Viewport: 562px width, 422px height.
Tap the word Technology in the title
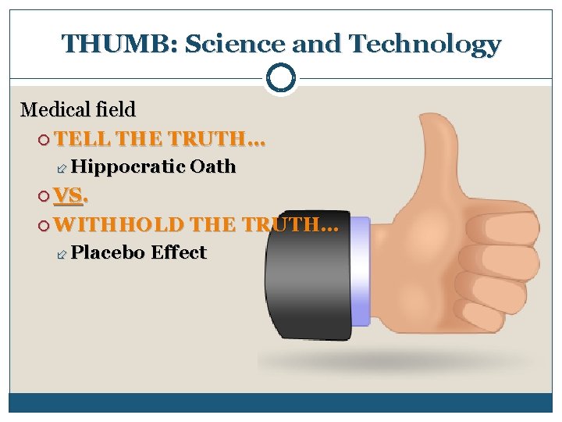425,44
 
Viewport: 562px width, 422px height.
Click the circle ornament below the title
281,79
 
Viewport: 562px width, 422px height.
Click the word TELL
85,141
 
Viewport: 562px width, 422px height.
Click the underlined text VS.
69,196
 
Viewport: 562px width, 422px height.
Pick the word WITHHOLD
119,225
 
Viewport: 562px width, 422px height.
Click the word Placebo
107,252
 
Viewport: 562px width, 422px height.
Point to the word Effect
179,252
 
